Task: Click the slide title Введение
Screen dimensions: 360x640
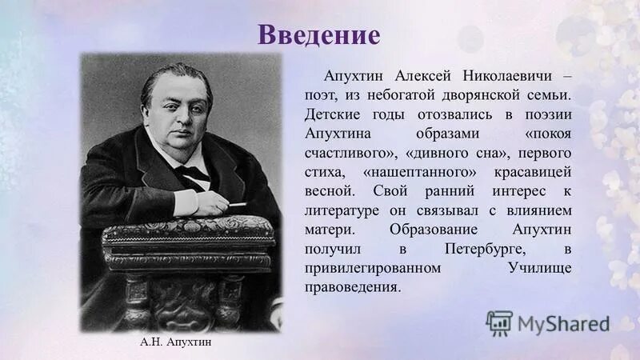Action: tap(318, 36)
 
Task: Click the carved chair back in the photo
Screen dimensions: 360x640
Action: tap(188, 240)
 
